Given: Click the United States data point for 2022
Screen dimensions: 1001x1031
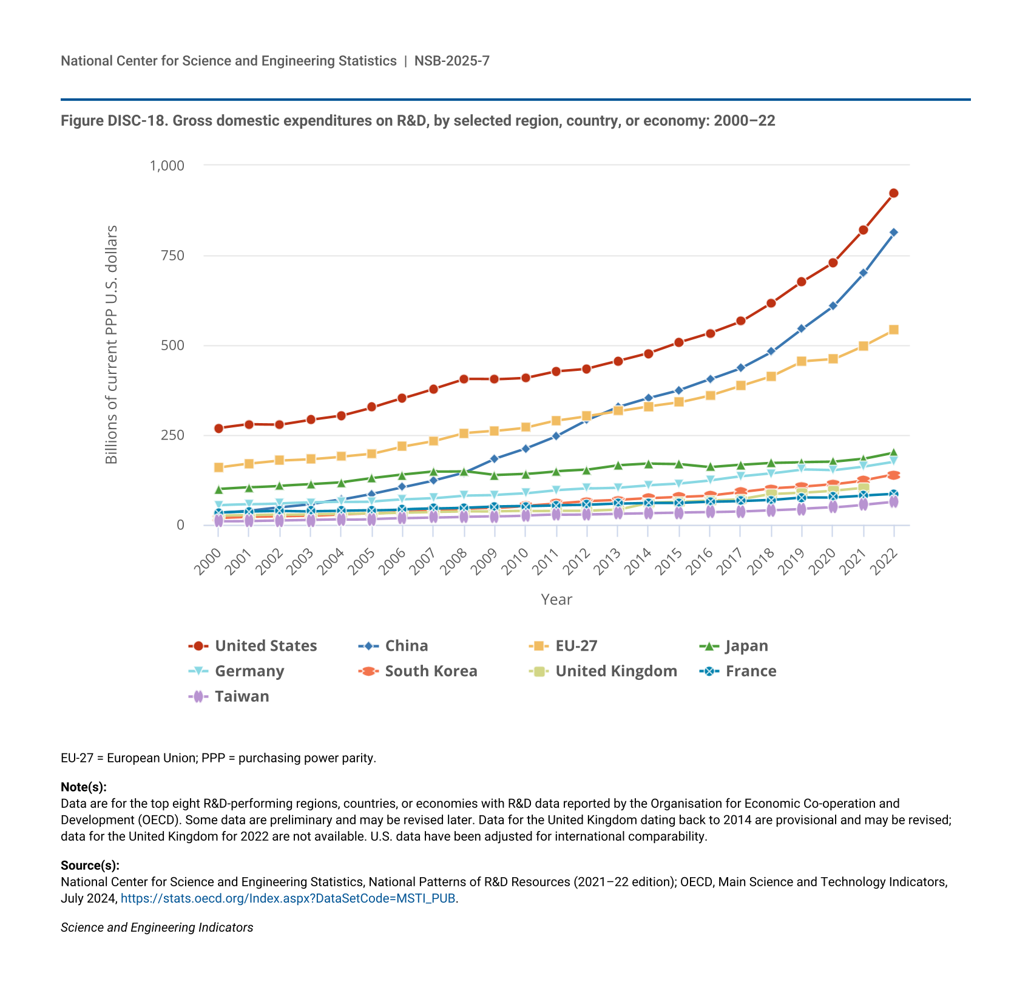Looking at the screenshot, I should (x=893, y=193).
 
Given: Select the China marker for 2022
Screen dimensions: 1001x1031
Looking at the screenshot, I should (x=893, y=232).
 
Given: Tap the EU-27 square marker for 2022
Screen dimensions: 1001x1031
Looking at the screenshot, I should (x=893, y=330).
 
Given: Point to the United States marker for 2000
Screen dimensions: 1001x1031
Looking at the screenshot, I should (x=218, y=428).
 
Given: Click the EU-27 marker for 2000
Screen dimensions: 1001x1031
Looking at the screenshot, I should (x=218, y=467).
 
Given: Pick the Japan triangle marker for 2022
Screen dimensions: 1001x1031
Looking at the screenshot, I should (x=893, y=453).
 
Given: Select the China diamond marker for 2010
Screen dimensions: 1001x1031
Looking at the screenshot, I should (x=526, y=449).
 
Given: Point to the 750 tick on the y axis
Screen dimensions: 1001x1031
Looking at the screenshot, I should (x=172, y=256).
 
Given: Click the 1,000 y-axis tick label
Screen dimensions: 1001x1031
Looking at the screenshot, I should (x=167, y=165).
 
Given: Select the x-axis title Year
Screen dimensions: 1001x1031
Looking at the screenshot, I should (x=556, y=600).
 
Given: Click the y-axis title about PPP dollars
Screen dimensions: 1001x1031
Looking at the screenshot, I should (x=112, y=345).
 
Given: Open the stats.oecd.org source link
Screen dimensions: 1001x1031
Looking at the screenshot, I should (x=288, y=898).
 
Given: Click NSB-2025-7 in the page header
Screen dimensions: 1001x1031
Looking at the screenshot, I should (x=452, y=61).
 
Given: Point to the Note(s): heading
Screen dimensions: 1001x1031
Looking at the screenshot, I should (x=84, y=787).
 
